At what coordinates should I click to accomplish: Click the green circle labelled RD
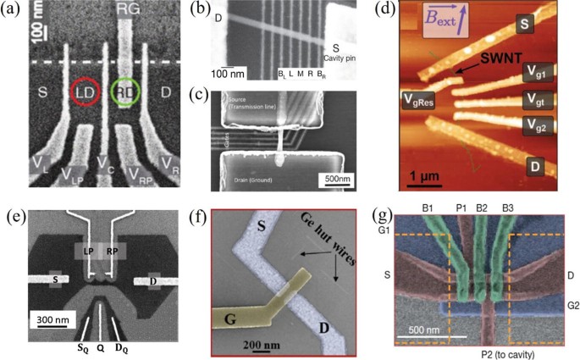tap(126, 91)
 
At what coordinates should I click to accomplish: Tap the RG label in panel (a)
tap(127, 13)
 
